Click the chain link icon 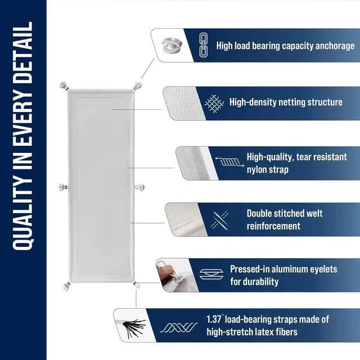(204, 45)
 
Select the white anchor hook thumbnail (172, 45)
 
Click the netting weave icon (214, 103)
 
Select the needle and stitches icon (220, 220)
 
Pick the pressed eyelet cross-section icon (211, 274)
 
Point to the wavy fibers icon (179, 327)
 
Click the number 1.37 (214, 319)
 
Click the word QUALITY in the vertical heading (22, 215)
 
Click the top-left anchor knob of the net (64, 85)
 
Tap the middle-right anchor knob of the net (140, 187)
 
